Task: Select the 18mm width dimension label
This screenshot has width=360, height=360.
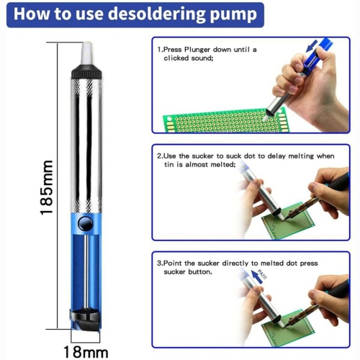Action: tap(85, 352)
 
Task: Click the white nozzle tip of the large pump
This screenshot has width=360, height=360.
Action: tap(84, 50)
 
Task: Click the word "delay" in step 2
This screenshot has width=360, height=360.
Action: tap(277, 156)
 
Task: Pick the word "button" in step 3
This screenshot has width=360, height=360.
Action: tap(200, 273)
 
